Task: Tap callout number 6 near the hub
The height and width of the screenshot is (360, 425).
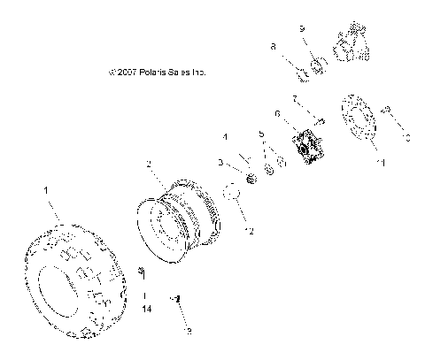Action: coord(277,113)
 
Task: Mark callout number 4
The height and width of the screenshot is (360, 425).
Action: coord(225,138)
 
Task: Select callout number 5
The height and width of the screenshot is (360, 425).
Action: coord(261,134)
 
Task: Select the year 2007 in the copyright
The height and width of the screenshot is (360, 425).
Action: coord(123,73)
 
